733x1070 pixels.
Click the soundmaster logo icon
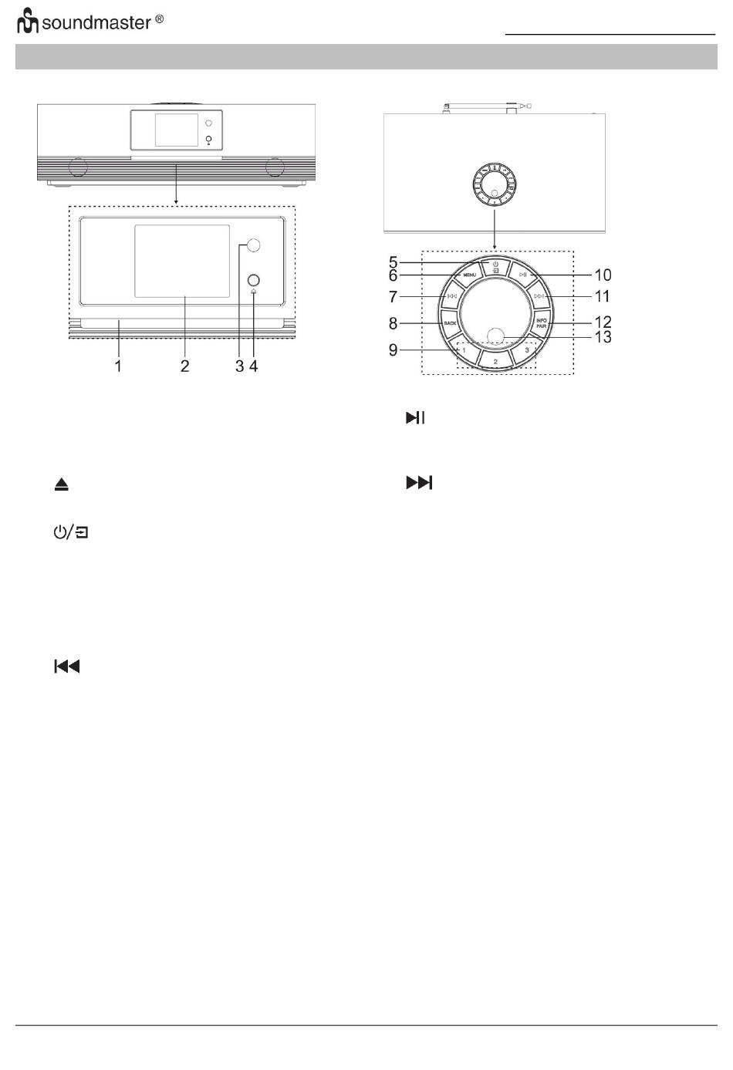pos(28,21)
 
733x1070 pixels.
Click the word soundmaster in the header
pos(96,22)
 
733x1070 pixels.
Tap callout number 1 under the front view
pos(118,366)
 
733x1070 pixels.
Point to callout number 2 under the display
pos(185,366)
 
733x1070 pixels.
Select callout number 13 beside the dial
pos(603,337)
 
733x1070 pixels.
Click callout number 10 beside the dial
pos(603,275)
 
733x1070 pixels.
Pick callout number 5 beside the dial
pos(393,262)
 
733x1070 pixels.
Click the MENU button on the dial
pos(469,275)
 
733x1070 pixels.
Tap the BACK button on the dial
pos(450,323)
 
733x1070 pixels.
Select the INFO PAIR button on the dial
pos(542,323)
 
